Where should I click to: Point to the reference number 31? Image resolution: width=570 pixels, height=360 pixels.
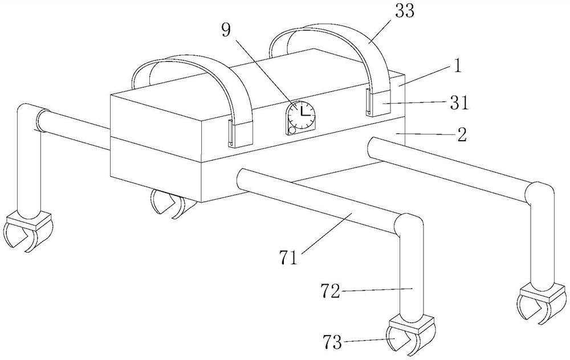(459, 103)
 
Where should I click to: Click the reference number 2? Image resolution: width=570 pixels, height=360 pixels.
(462, 134)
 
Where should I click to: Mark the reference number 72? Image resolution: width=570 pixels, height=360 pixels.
(330, 291)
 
